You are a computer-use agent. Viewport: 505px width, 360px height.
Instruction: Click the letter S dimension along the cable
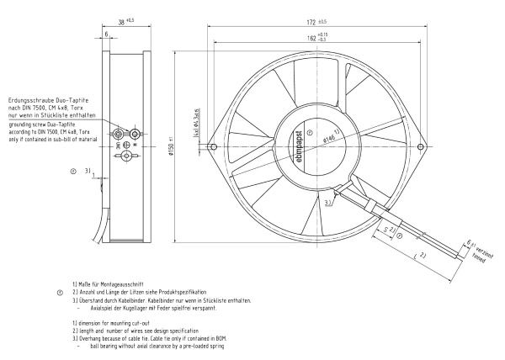[x=385, y=228]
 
